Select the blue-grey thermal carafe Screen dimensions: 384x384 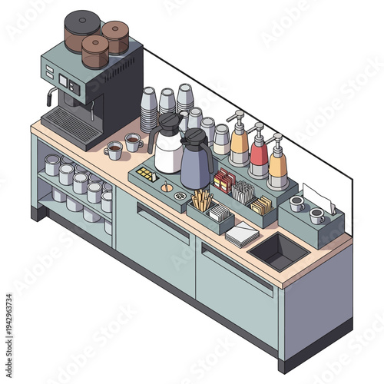(x=196, y=163)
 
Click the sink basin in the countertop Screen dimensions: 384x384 (x=277, y=250)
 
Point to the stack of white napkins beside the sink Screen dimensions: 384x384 (x=243, y=233)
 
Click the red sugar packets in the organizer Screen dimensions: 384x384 (x=223, y=181)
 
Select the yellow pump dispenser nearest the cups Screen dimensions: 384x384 (x=239, y=146)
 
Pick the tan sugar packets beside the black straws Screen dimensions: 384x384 (x=261, y=206)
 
